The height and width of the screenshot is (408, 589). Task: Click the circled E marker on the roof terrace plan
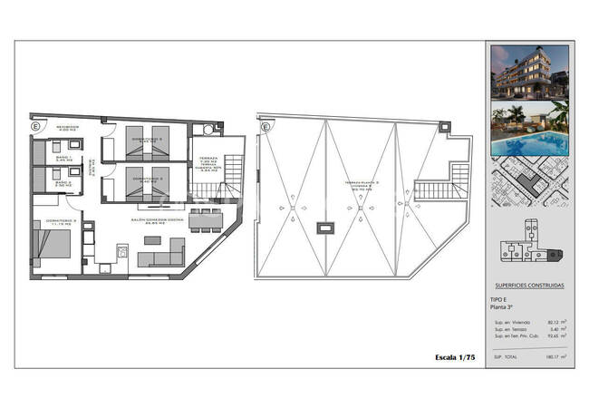coord(266,128)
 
